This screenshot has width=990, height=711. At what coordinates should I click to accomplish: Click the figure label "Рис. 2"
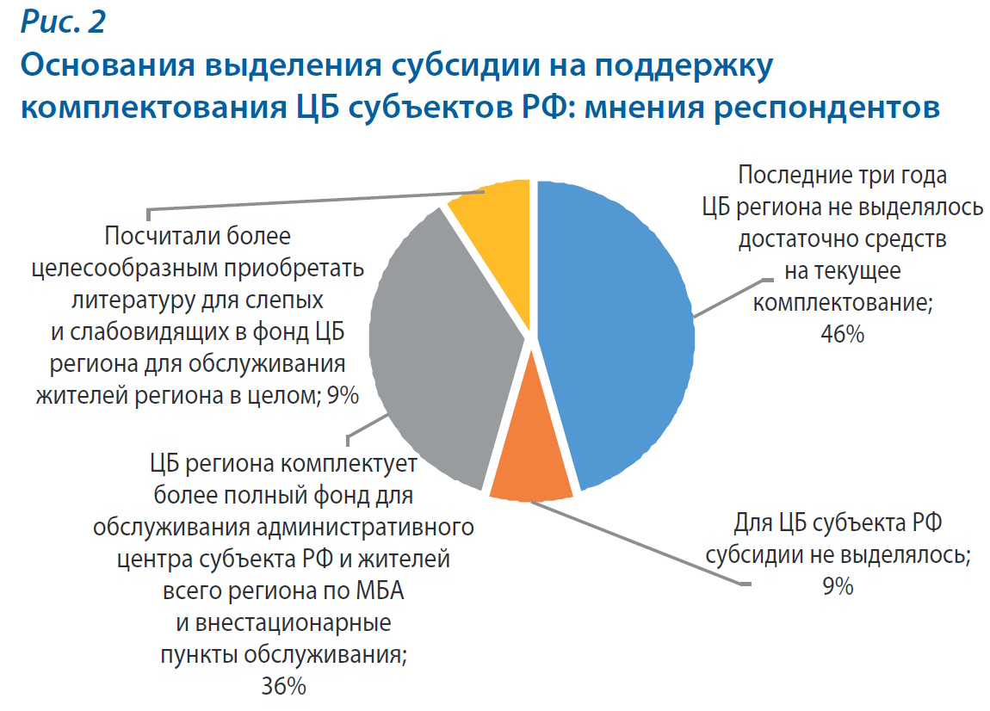tap(63, 23)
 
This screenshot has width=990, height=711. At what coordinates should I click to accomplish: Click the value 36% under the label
tap(282, 686)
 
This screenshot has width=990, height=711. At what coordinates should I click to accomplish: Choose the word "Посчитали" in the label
tap(161, 235)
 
